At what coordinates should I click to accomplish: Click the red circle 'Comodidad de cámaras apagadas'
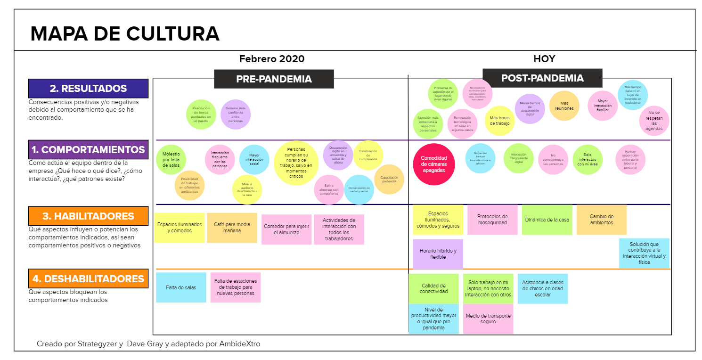click(x=433, y=164)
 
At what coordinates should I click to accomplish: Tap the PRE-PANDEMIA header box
click(x=274, y=79)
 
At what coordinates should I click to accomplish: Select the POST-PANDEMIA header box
click(x=542, y=78)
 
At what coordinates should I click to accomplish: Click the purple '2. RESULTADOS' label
click(x=88, y=88)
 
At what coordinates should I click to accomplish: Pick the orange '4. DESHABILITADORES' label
click(x=88, y=278)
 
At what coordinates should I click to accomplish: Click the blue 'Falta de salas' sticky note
click(x=181, y=287)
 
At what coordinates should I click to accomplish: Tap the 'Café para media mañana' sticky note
click(x=232, y=228)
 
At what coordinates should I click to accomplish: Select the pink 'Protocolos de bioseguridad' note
click(x=492, y=220)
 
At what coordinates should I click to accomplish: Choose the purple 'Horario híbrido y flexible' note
click(x=438, y=254)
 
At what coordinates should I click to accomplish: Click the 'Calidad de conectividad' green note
click(x=433, y=288)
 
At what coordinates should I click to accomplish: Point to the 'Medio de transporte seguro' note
click(x=488, y=319)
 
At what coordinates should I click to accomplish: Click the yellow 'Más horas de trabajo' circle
click(x=499, y=121)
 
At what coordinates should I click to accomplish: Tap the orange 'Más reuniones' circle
click(x=564, y=106)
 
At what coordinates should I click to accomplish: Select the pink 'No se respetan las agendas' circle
click(x=654, y=121)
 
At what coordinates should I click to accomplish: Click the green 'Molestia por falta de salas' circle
click(x=171, y=160)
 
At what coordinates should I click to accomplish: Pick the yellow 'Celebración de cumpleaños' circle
click(x=368, y=155)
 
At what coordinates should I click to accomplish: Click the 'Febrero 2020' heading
click(x=272, y=59)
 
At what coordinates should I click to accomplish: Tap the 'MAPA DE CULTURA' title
click(x=125, y=34)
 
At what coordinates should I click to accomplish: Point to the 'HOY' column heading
click(x=544, y=59)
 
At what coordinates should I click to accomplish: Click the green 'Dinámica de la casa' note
click(x=547, y=220)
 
